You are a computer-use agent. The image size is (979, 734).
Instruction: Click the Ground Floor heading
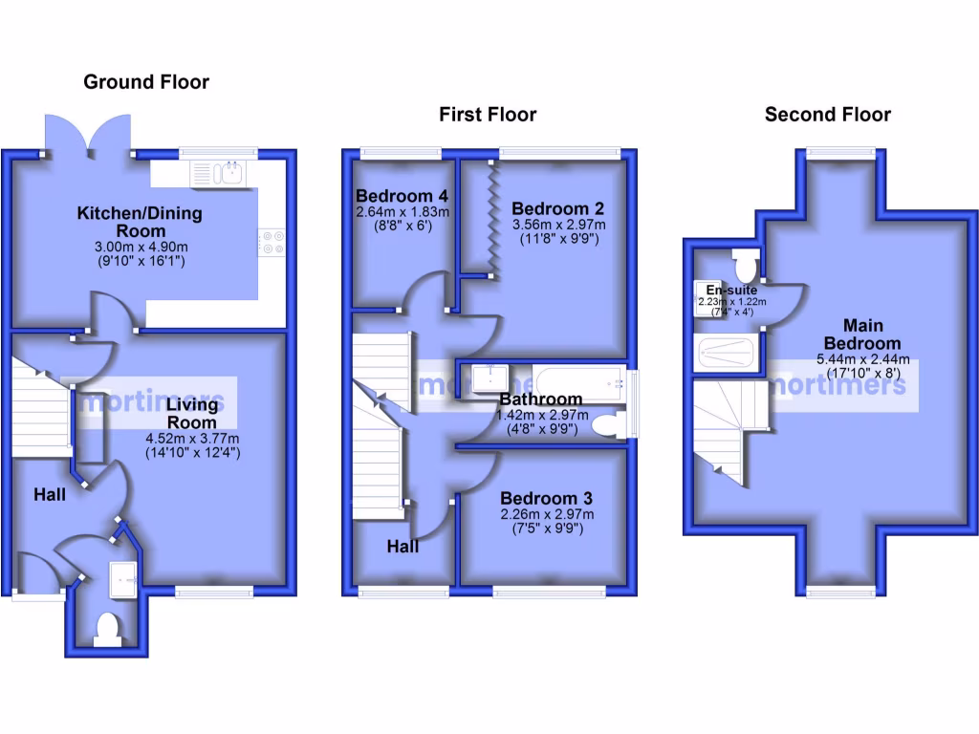click(x=146, y=81)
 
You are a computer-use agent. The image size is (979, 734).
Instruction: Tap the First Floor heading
click(x=488, y=115)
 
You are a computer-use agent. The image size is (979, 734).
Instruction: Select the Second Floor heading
click(x=827, y=115)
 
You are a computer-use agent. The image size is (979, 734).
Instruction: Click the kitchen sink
click(x=219, y=173)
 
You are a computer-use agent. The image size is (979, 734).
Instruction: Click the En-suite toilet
click(x=745, y=262)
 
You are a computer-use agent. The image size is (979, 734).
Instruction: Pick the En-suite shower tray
click(x=727, y=353)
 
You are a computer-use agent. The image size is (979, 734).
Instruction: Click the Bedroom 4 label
click(x=402, y=197)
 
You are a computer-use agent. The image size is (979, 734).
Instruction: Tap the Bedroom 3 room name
click(x=546, y=498)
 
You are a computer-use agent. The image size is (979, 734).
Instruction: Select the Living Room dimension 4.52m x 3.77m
click(x=192, y=439)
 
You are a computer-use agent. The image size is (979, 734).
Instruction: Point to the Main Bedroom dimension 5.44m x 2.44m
click(x=862, y=360)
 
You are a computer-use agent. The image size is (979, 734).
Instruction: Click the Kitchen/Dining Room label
click(x=140, y=222)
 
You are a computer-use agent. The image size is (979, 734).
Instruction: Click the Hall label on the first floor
click(x=402, y=547)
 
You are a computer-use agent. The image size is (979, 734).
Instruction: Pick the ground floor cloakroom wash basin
click(x=124, y=575)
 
